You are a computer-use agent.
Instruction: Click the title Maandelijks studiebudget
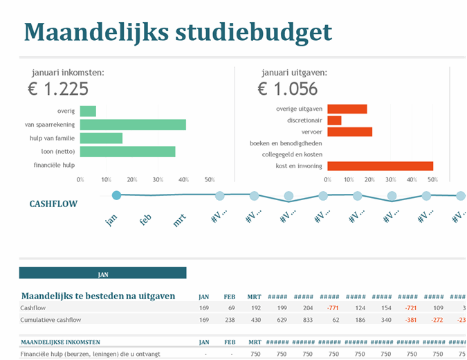tap(178, 32)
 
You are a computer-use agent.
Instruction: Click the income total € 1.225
tap(58, 89)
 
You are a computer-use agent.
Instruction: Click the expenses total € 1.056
tap(288, 89)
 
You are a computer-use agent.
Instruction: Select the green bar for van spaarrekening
tap(133, 125)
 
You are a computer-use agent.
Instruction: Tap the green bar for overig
tap(88, 111)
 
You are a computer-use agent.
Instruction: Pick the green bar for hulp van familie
tap(101, 138)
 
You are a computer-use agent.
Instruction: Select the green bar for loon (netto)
tap(127, 151)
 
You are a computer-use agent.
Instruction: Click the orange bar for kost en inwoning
tap(380, 165)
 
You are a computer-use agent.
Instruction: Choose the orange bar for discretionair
tap(334, 120)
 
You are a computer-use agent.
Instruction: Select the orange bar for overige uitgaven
tap(347, 109)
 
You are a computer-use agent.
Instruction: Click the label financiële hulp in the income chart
tap(55, 165)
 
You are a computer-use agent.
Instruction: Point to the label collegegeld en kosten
tap(292, 154)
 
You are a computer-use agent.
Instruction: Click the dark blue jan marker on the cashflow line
tap(116, 195)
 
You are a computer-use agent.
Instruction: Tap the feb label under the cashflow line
tap(145, 219)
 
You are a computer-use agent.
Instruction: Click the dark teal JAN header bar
tap(102, 273)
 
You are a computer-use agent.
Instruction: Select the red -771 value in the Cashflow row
tap(333, 307)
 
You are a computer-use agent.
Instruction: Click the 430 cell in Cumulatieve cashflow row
tap(255, 320)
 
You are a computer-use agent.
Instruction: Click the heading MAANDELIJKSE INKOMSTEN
tap(60, 342)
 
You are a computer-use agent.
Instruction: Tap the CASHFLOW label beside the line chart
tap(53, 204)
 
